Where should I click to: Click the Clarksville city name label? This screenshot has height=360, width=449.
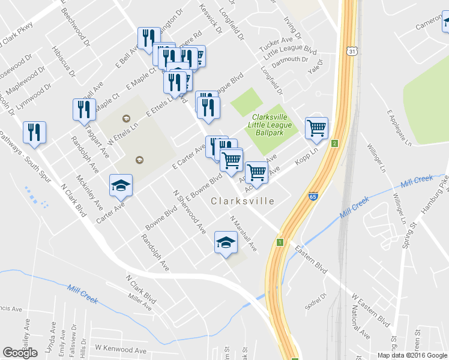click(243, 201)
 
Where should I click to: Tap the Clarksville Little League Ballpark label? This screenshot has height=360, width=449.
click(272, 125)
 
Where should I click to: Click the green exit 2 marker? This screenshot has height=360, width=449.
click(334, 143)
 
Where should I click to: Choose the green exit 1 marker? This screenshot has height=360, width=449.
click(279, 242)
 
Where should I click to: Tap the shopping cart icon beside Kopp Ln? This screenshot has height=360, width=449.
click(316, 128)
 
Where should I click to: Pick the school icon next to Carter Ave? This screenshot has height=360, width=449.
click(121, 185)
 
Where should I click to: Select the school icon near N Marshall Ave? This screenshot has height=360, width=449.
click(226, 242)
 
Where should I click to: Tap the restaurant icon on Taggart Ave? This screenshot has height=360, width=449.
click(84, 109)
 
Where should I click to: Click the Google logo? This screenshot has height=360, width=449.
click(20, 353)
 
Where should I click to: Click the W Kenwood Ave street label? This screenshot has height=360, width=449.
click(121, 349)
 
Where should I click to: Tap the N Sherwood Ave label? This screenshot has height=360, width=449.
click(190, 214)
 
